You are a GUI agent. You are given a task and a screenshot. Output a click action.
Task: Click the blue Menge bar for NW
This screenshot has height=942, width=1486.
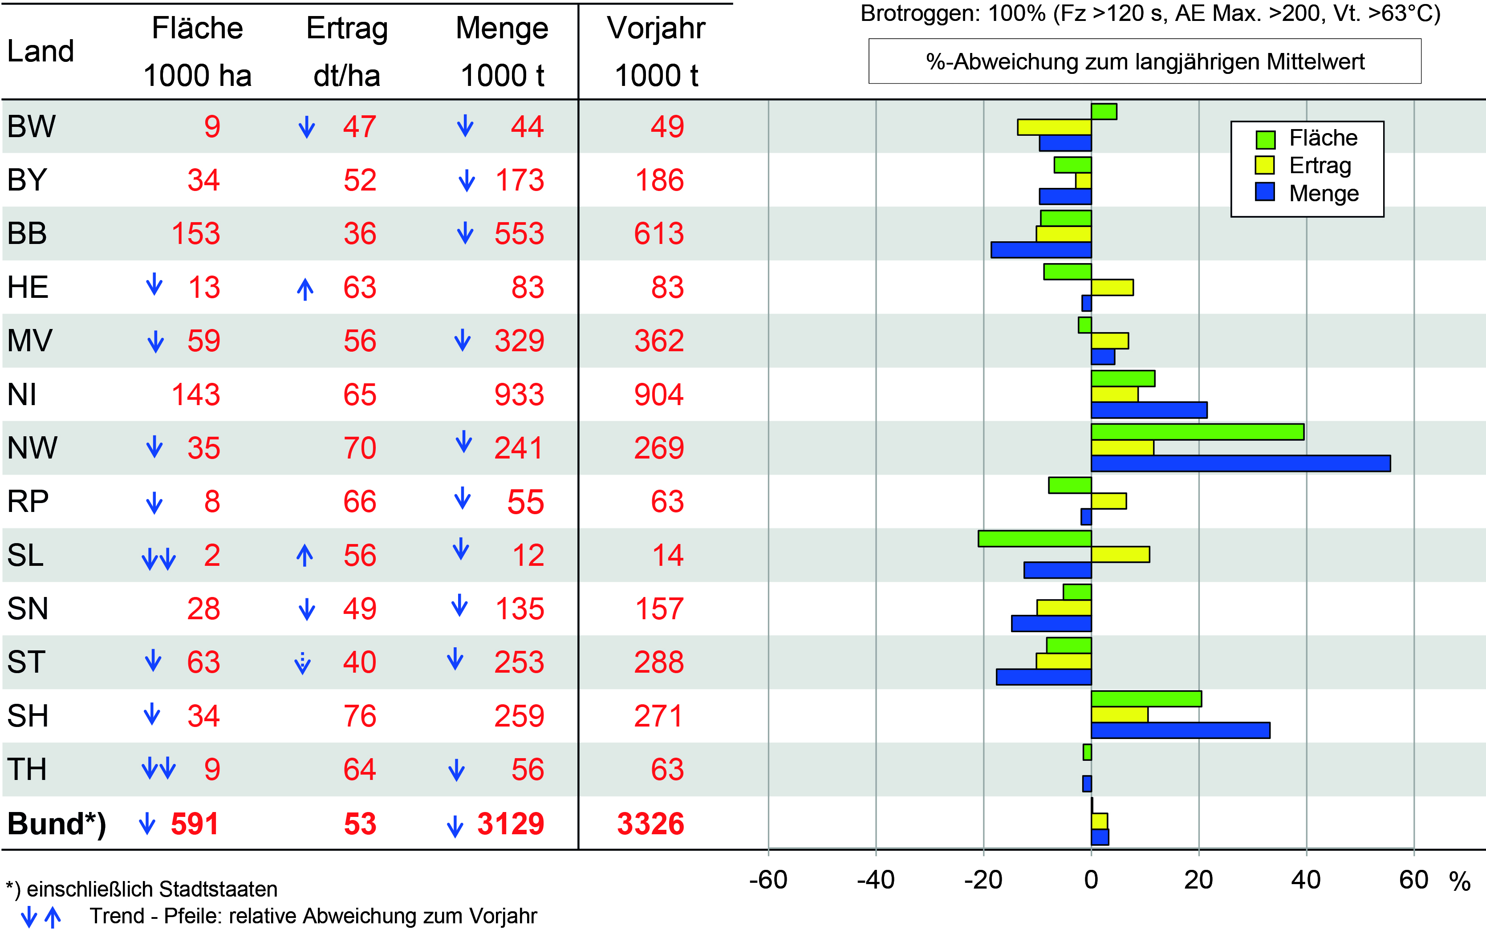1240,463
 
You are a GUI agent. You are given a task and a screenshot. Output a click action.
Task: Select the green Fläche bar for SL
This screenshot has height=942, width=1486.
1035,538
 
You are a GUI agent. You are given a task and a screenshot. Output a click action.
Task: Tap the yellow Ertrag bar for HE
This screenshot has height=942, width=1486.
1112,288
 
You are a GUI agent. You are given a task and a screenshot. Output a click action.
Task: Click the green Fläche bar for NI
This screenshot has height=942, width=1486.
1123,378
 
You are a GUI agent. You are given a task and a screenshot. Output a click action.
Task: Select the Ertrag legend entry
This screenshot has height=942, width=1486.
1320,166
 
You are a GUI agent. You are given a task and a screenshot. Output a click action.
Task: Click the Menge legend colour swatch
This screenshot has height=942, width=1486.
1265,192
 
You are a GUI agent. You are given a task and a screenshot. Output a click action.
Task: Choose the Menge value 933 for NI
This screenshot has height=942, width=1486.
519,394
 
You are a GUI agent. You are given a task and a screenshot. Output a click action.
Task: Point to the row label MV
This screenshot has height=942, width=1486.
30,341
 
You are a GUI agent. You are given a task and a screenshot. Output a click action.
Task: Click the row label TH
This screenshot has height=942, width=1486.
27,770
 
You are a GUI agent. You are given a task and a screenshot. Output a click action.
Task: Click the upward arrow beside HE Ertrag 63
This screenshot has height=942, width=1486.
305,289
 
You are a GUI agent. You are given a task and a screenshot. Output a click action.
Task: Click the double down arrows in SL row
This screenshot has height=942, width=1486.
158,559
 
